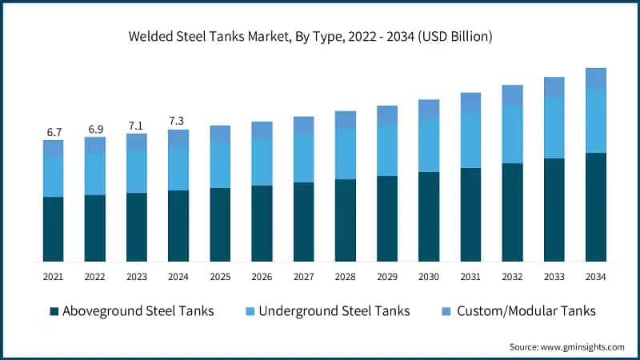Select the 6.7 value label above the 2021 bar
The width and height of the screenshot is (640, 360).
click(53, 131)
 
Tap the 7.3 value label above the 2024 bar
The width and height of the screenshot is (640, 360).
click(178, 120)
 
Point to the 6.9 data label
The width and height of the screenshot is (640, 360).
click(94, 128)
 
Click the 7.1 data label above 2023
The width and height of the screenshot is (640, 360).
click(137, 125)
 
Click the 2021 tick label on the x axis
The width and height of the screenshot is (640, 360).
click(53, 276)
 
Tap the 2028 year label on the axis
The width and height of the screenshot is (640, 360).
click(346, 276)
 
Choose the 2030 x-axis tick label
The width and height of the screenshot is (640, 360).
click(429, 276)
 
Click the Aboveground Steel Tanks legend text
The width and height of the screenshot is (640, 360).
click(138, 310)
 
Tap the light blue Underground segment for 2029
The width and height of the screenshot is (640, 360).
click(387, 150)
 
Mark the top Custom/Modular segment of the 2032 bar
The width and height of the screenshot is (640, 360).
click(512, 95)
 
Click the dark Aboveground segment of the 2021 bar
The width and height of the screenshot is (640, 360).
click(53, 229)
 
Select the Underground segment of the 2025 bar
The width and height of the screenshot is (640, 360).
click(220, 166)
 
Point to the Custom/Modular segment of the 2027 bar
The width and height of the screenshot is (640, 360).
click(303, 125)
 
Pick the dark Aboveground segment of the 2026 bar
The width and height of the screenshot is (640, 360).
click(262, 223)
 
